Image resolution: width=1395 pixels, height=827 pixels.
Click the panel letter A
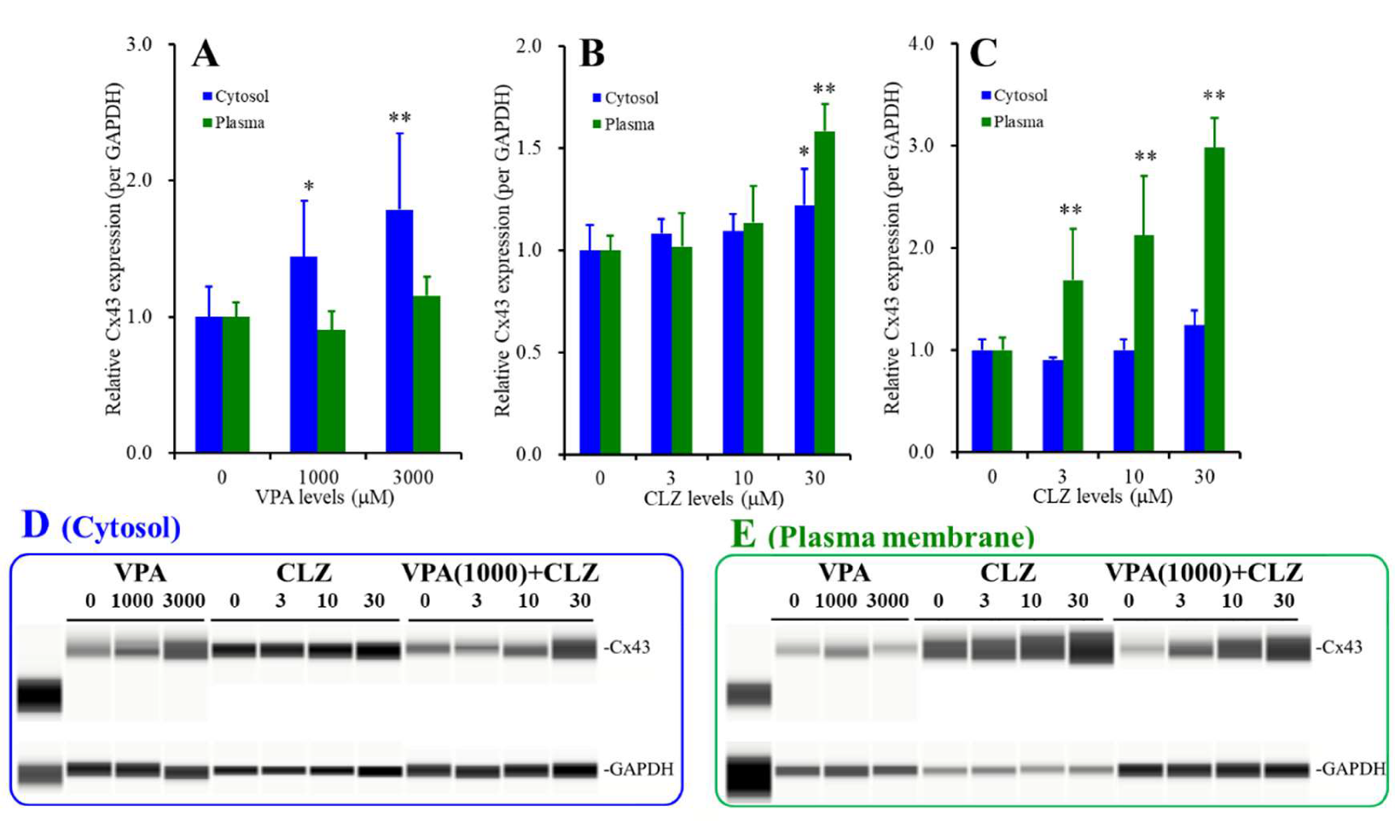click(x=206, y=55)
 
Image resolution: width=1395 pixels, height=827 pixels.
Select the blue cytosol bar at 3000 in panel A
click(x=399, y=333)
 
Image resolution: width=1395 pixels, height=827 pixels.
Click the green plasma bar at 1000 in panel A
click(x=331, y=390)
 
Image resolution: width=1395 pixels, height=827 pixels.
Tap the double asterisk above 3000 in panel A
click(x=399, y=118)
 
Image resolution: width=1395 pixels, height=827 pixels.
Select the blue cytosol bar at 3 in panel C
click(x=1053, y=405)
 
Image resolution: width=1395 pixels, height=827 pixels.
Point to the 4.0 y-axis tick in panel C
click(x=921, y=43)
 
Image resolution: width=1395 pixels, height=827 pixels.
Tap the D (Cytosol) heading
click(x=101, y=527)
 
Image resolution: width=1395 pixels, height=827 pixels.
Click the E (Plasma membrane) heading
click(x=882, y=535)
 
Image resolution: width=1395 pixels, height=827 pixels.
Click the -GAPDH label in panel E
click(x=1350, y=769)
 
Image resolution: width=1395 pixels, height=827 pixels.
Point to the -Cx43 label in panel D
click(x=626, y=647)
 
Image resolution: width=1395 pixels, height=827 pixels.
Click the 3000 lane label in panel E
click(x=887, y=601)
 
